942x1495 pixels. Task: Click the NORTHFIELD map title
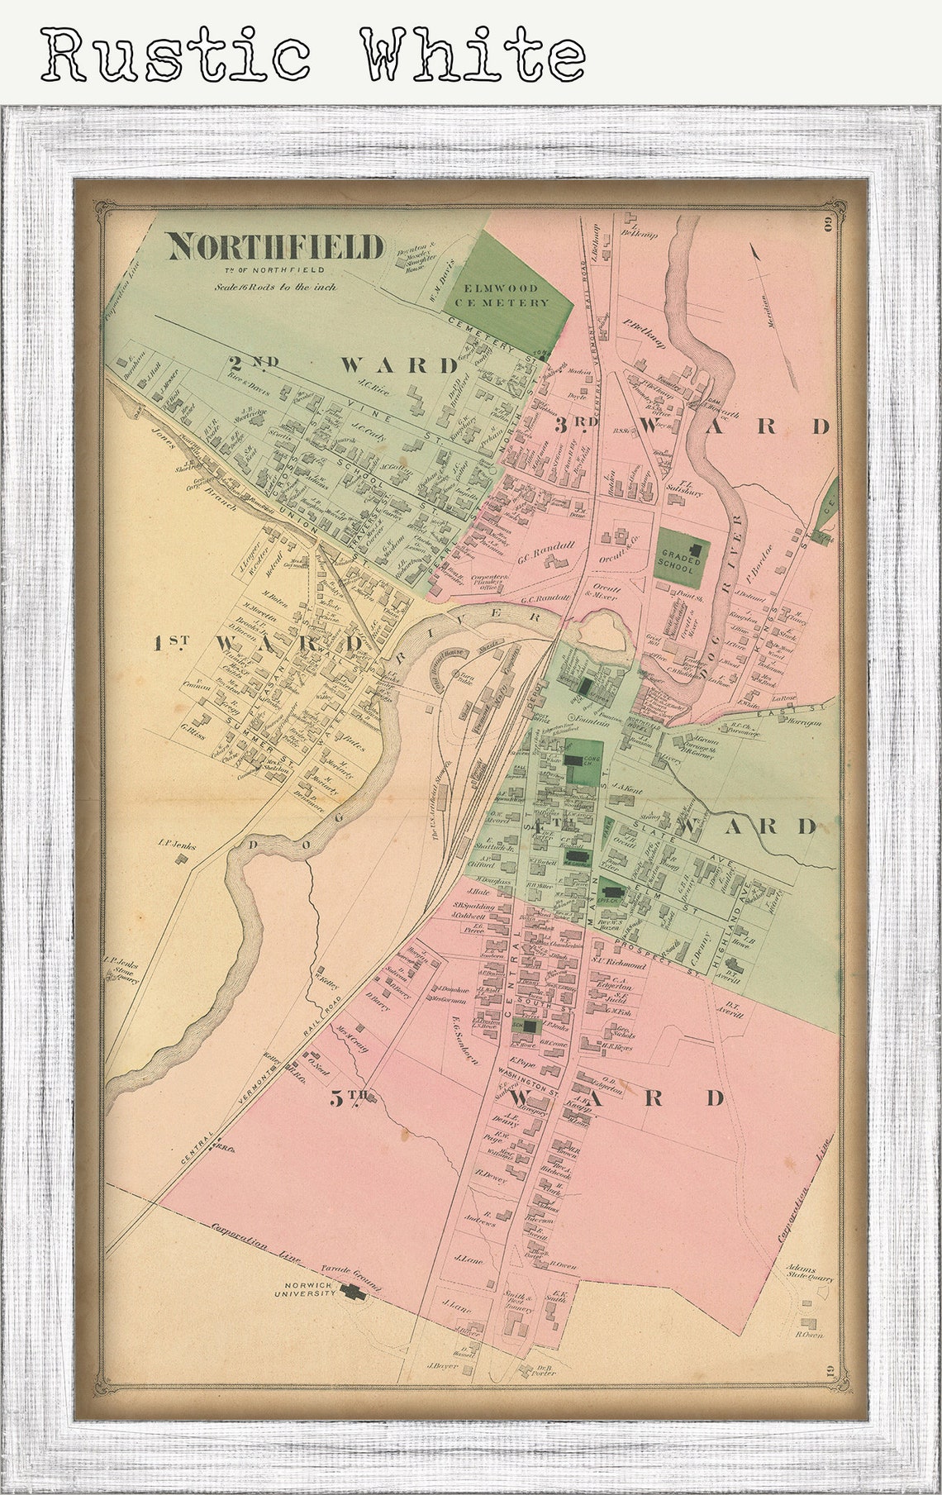pyautogui.click(x=276, y=246)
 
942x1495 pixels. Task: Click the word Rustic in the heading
pyautogui.click(x=176, y=55)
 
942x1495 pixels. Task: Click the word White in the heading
pyautogui.click(x=472, y=55)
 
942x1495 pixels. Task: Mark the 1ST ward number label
pyautogui.click(x=171, y=643)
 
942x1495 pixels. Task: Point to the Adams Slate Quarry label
pyautogui.click(x=810, y=1273)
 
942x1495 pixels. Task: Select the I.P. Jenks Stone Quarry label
pyautogui.click(x=121, y=970)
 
